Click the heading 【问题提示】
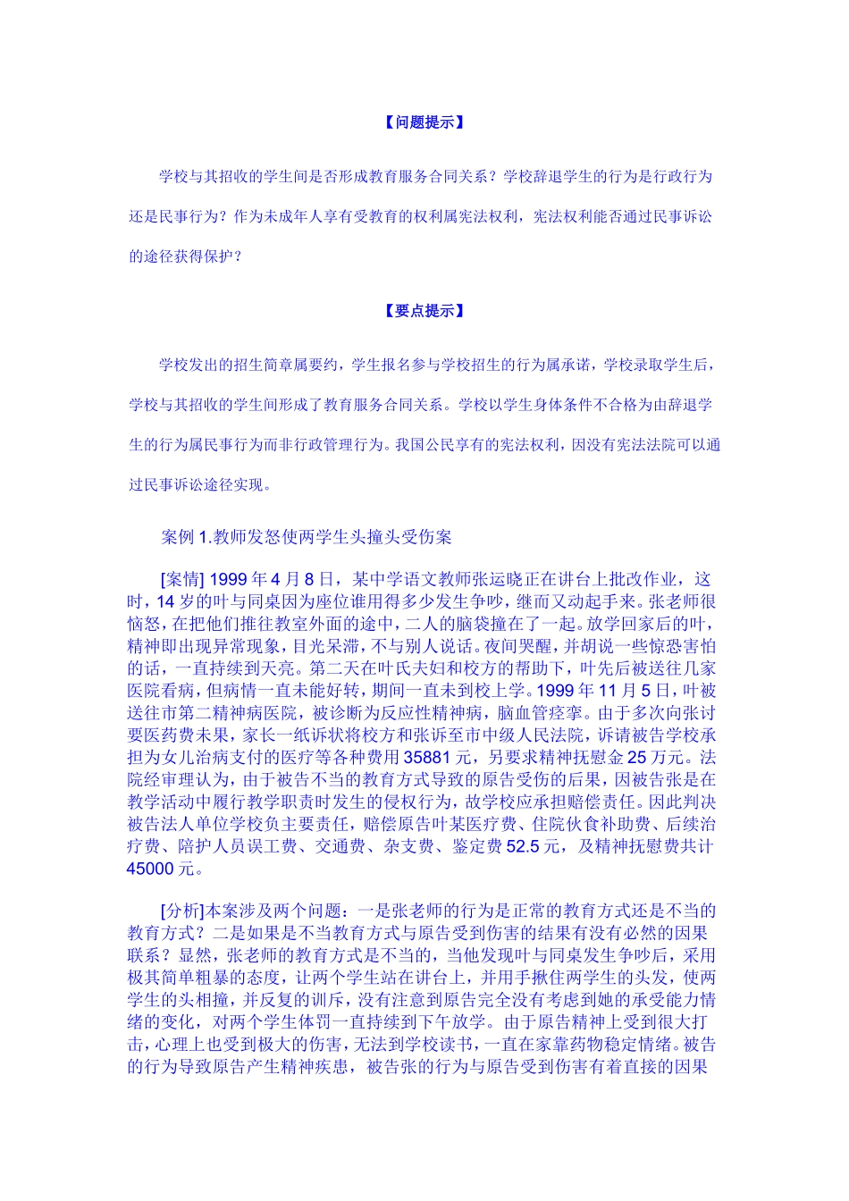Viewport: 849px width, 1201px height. pyautogui.click(x=424, y=122)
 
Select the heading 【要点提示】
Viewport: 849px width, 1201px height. pyautogui.click(x=424, y=311)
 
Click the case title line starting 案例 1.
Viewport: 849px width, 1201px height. pyautogui.click(x=307, y=537)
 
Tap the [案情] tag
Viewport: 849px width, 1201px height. pyautogui.click(x=182, y=579)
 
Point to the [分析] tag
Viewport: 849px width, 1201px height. pyautogui.click(x=182, y=911)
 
